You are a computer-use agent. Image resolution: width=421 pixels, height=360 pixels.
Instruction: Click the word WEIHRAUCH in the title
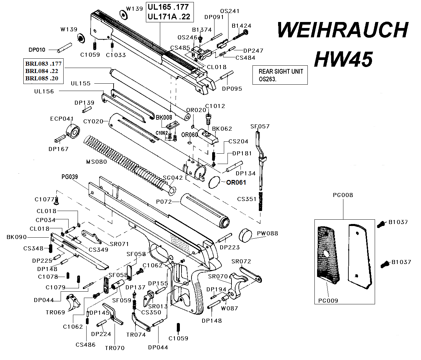(x=342, y=31)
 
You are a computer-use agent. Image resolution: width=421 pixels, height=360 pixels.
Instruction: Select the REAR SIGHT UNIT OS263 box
(x=279, y=75)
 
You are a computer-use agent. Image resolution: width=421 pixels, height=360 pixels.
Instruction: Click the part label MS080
(x=97, y=162)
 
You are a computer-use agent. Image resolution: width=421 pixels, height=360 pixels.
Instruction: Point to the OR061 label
(x=236, y=182)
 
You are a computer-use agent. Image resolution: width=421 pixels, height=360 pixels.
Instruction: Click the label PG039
(x=69, y=177)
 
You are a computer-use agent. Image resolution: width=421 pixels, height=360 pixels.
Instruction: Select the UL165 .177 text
(x=168, y=7)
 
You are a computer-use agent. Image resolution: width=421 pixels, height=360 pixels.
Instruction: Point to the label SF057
(x=260, y=126)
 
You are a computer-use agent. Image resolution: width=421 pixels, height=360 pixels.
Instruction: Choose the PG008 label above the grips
(x=343, y=195)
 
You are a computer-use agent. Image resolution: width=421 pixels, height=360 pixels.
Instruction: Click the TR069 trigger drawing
(x=74, y=302)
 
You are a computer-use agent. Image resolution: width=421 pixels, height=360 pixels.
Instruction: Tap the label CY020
(x=93, y=121)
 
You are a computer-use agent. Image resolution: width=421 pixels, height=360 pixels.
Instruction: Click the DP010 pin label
(x=37, y=50)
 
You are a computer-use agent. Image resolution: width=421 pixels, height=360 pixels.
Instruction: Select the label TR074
(x=136, y=335)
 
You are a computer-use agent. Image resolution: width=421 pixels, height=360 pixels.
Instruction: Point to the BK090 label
(x=17, y=237)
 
